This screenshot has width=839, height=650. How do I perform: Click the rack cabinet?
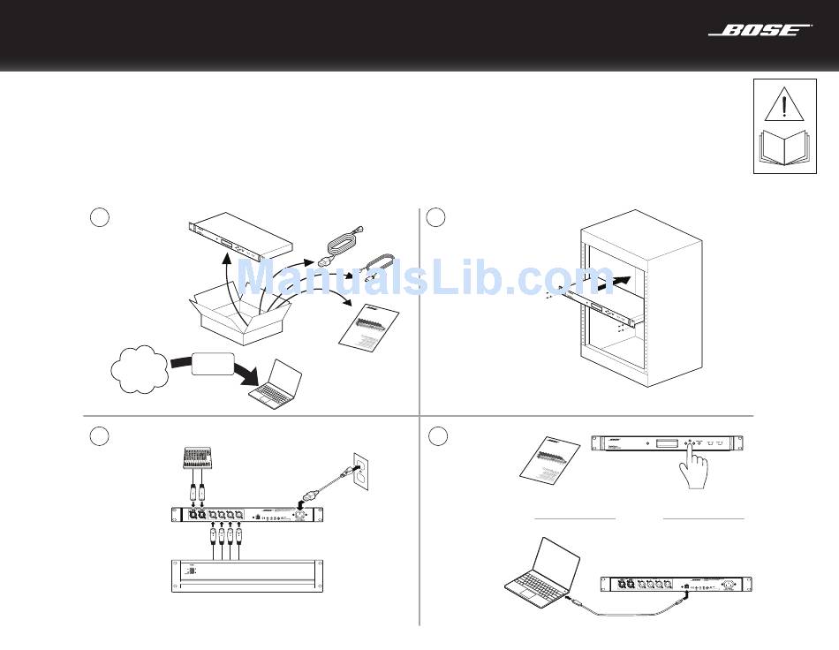[x=640, y=299]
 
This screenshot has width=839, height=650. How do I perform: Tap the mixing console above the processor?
[x=200, y=459]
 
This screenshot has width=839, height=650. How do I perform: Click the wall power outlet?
[x=361, y=470]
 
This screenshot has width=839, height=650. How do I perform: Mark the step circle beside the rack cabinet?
[x=435, y=217]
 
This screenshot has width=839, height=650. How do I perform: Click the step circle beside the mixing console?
[x=101, y=436]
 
